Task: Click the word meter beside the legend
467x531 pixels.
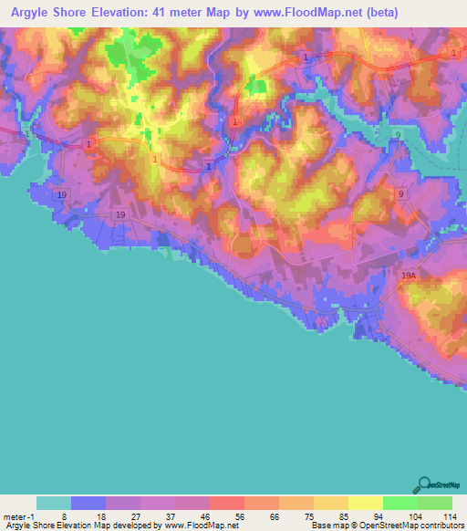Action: coord(14,516)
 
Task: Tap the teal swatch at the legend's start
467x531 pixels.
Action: coord(54,503)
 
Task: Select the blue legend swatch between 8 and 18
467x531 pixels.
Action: coord(88,503)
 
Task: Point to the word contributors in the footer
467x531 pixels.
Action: coord(440,526)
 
